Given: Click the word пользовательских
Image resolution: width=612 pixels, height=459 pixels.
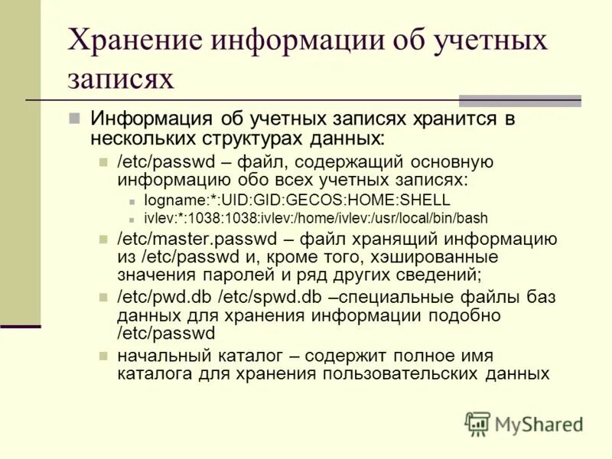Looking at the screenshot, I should (402, 373).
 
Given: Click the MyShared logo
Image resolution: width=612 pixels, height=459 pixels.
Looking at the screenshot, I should (524, 424).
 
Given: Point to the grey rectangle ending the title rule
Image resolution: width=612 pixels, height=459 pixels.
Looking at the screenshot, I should (519, 100).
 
